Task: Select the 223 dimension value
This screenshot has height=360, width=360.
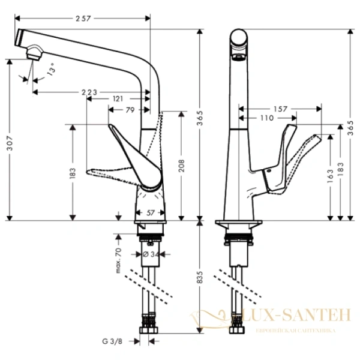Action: [89, 92]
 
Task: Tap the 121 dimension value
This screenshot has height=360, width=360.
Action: [118, 98]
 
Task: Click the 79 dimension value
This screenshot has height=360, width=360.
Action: [130, 109]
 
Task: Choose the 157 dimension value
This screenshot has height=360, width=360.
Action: [279, 109]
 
